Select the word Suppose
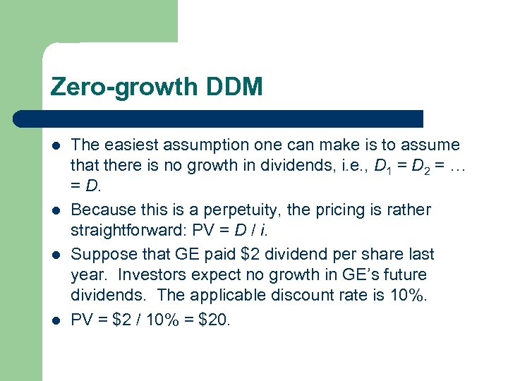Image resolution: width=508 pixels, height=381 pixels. coord(101,254)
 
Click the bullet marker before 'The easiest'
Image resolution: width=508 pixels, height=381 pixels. coord(56,146)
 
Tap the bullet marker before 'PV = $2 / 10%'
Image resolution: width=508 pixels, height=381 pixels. coord(56,320)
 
